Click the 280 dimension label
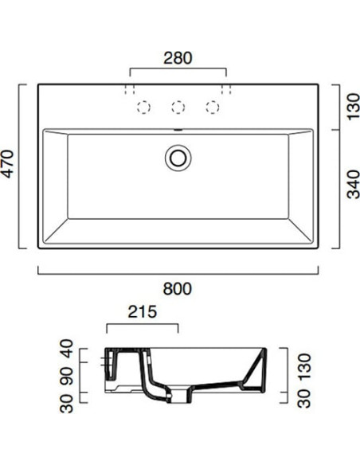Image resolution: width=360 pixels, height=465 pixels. coord(179,57)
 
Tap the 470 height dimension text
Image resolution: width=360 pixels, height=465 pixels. coord(9,166)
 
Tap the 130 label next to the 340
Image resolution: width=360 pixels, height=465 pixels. coord(350,106)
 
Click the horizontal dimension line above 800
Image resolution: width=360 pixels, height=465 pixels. coord(179,272)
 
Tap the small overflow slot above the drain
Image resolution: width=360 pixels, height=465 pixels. coord(178,130)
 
